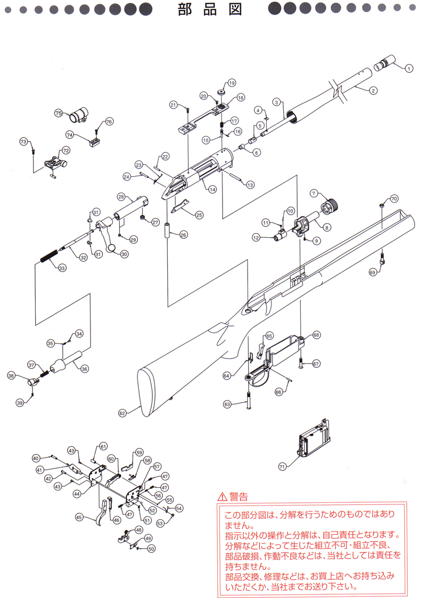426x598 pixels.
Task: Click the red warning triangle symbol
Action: pos(221,497)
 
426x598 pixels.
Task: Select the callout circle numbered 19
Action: pos(232,83)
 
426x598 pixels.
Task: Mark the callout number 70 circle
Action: pos(395,199)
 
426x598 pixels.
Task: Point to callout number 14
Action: pos(212,189)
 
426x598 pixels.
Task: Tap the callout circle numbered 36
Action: pos(85,369)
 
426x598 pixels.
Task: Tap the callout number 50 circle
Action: pos(151,549)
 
